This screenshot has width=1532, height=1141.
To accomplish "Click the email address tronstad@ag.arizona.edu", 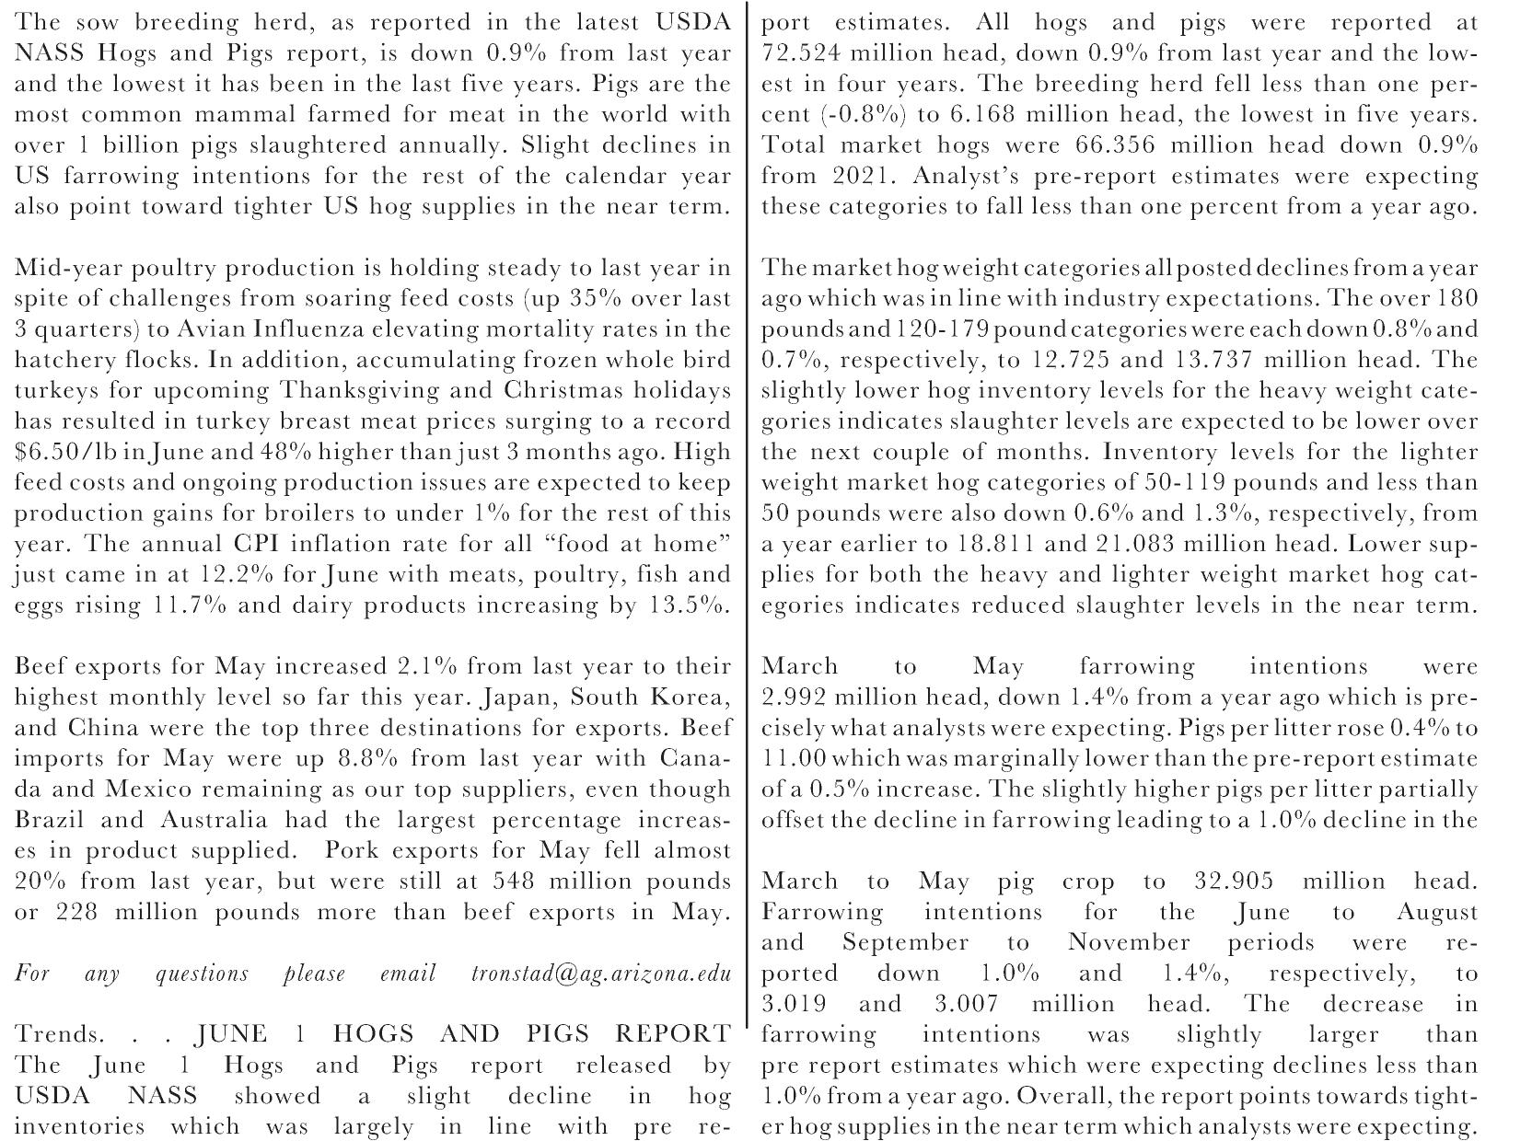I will (x=600, y=974).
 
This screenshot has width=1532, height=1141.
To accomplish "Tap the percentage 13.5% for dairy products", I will (x=685, y=605).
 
